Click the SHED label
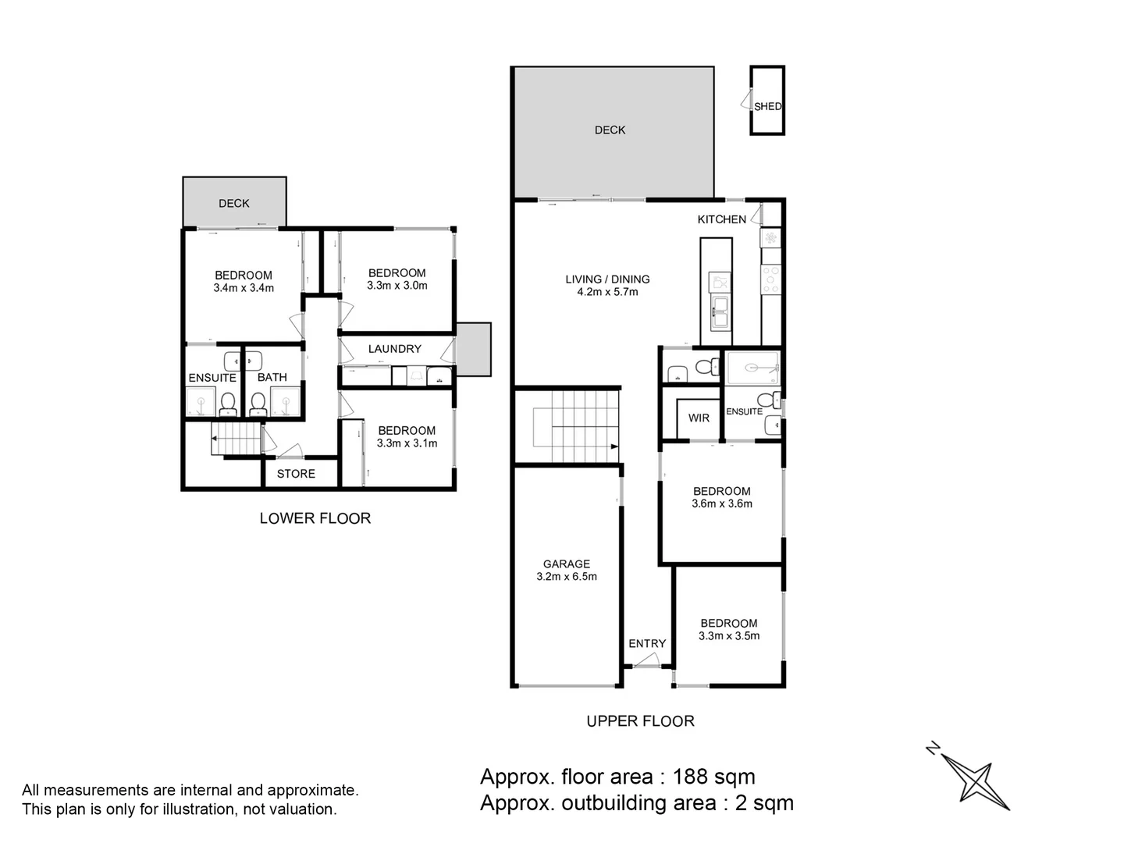[x=767, y=106]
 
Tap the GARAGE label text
[x=567, y=564]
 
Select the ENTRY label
[x=647, y=643]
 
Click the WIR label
[x=699, y=418]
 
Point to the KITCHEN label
[x=721, y=219]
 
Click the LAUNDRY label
[x=395, y=349]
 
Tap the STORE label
[x=296, y=474]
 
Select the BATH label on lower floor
[x=272, y=378]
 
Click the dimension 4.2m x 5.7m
[x=607, y=292]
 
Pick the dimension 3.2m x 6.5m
[x=567, y=577]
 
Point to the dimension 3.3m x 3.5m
[x=729, y=636]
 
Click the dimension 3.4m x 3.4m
[x=244, y=288]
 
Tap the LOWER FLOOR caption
[x=315, y=518]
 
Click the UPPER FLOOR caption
[x=640, y=721]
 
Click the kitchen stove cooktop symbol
[x=770, y=279]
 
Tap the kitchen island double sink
[x=720, y=311]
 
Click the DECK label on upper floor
[x=610, y=130]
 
